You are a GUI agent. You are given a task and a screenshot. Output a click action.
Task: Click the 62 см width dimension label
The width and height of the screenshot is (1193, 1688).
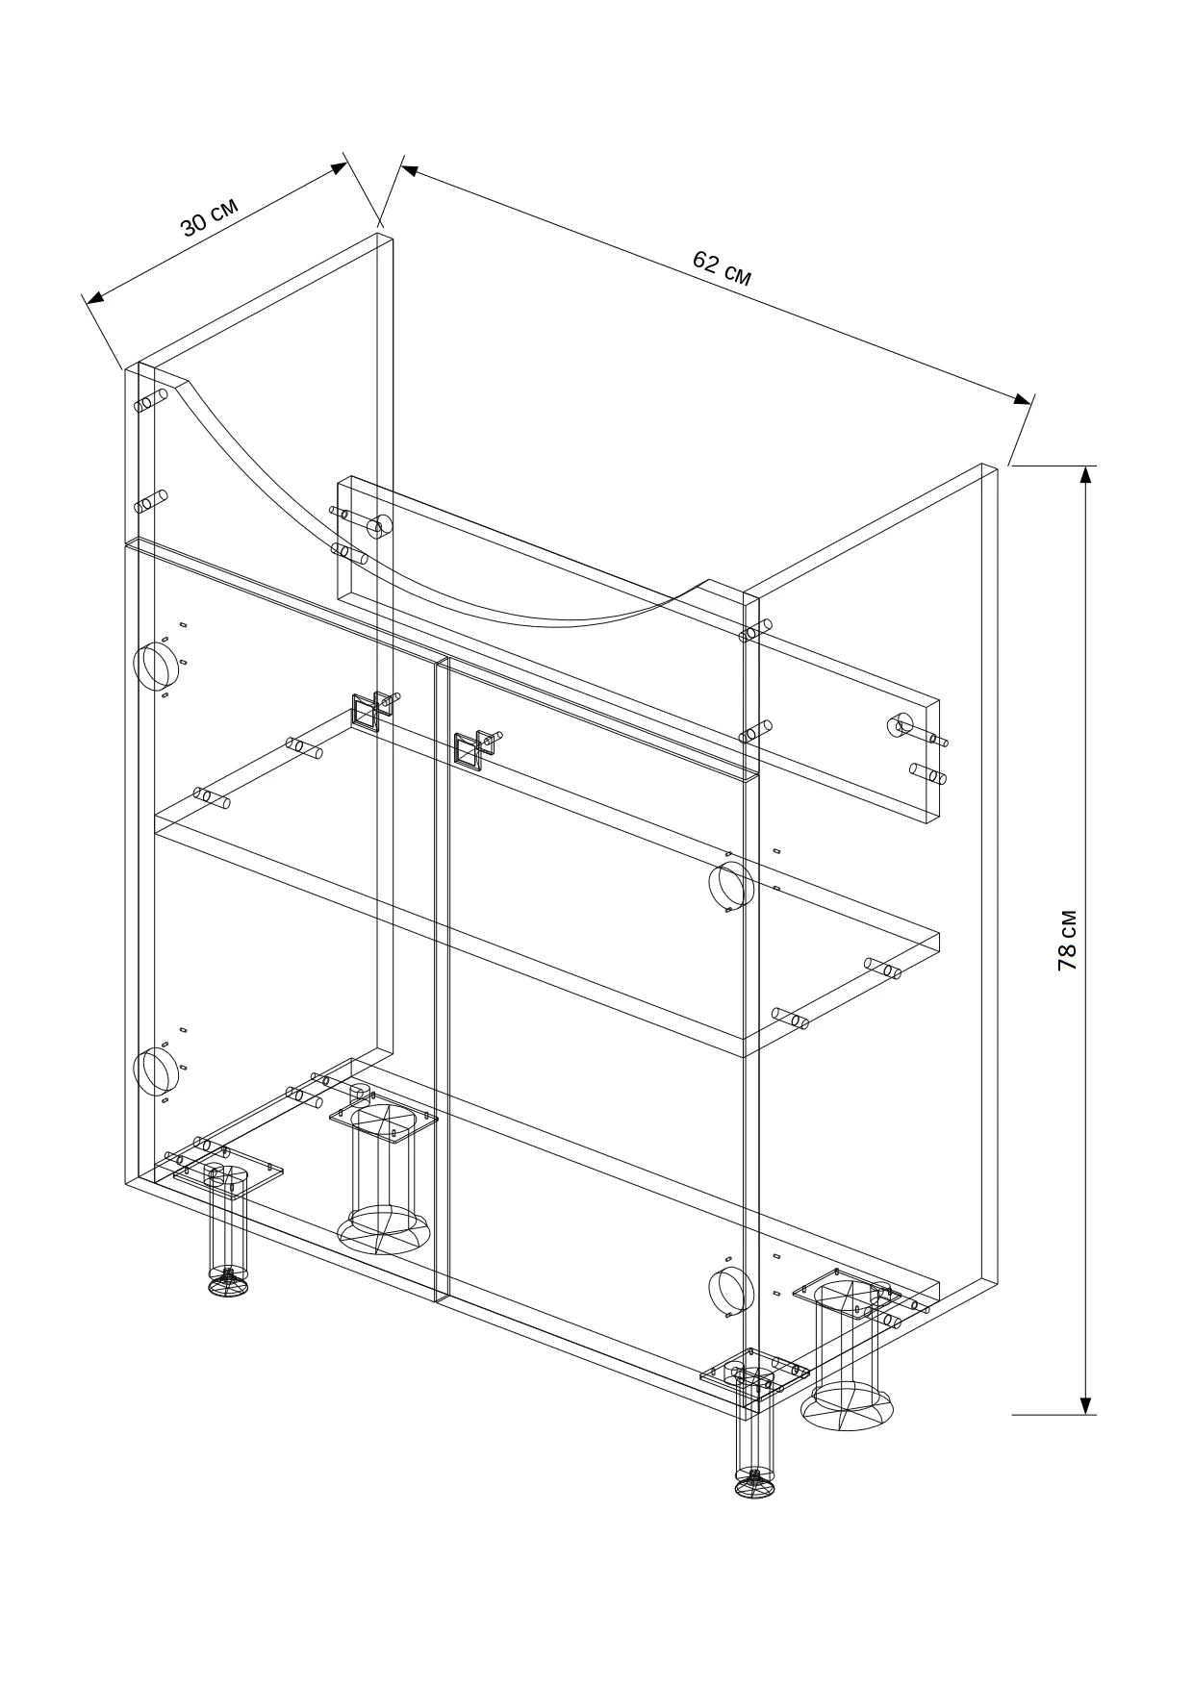click(722, 267)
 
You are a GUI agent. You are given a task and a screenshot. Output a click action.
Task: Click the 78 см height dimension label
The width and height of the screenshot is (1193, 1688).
click(1067, 940)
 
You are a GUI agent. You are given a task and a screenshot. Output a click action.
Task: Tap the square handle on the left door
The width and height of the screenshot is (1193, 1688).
click(365, 715)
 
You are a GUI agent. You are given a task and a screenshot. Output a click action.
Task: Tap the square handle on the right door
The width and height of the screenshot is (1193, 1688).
click(468, 749)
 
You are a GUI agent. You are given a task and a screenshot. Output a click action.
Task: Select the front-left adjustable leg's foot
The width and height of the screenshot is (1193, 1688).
click(228, 1285)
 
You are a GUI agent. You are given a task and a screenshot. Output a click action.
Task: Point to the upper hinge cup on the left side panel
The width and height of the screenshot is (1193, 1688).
click(151, 667)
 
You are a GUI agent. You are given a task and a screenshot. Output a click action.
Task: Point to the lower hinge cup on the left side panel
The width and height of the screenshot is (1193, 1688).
click(151, 1073)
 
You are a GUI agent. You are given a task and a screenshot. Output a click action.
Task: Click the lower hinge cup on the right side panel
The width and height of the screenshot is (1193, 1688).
click(729, 1290)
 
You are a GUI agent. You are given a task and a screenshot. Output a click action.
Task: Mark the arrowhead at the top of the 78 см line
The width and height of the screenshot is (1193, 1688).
click(1086, 477)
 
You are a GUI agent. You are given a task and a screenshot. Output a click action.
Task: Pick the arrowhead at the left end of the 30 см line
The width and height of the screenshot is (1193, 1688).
click(94, 299)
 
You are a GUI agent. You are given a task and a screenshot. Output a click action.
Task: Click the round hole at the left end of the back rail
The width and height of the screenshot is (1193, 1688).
click(379, 526)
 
